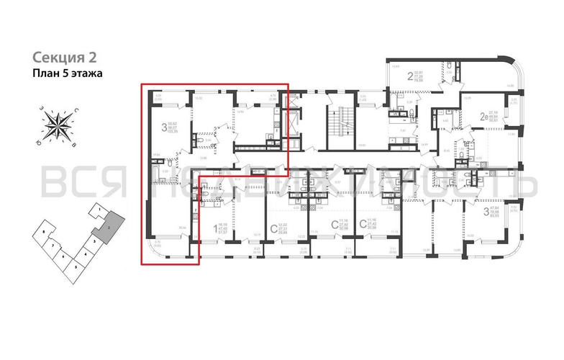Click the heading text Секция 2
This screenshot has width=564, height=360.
[64, 57]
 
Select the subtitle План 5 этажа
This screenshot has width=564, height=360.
[68, 73]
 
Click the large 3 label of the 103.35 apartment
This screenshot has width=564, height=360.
[165, 127]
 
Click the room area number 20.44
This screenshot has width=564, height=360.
[171, 228]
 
